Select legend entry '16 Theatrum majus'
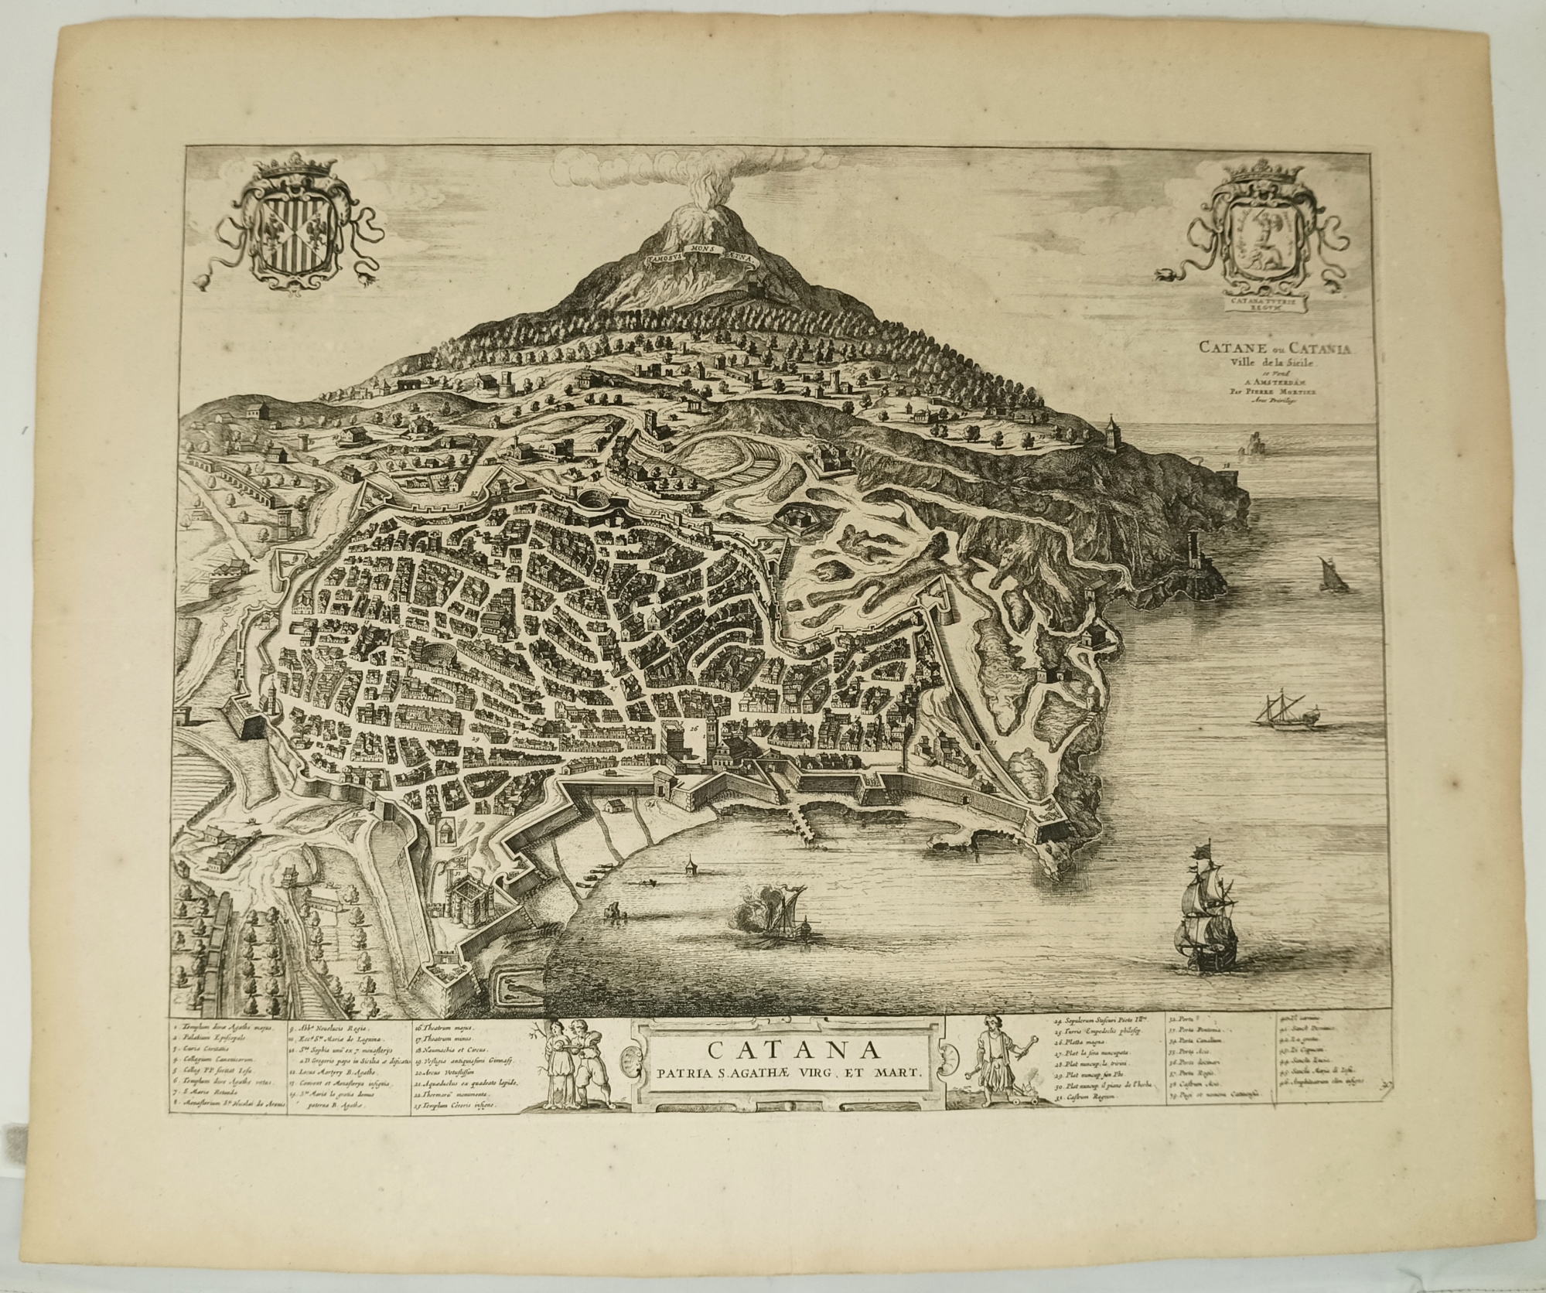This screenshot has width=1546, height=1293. (x=449, y=1029)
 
